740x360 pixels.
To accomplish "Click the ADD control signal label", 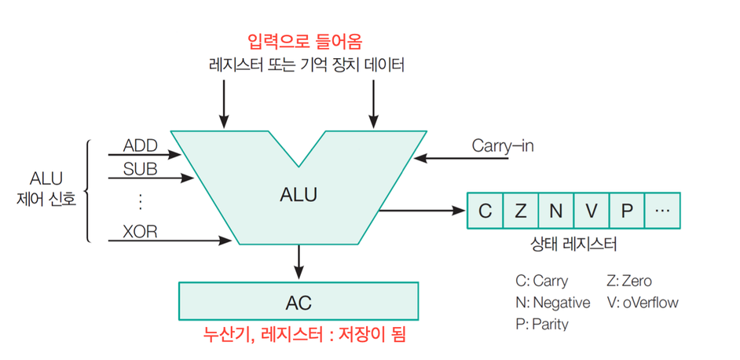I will click(141, 146).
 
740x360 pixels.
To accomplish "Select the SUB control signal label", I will click(141, 169).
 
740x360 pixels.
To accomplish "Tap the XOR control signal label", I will click(141, 230).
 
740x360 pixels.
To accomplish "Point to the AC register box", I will click(299, 300).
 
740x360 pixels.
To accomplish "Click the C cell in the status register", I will click(485, 211).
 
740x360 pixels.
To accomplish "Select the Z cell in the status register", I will click(521, 211).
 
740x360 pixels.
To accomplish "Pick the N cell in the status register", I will click(556, 211).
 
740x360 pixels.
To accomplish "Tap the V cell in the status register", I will click(592, 211).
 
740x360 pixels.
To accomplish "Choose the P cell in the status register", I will click(627, 211).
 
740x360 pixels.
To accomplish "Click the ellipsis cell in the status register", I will click(662, 211).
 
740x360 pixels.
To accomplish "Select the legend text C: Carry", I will click(541, 281).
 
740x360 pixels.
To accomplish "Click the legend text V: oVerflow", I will click(642, 302).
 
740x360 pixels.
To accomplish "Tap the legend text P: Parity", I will click(541, 323).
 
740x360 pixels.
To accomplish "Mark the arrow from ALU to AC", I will click(299, 260).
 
